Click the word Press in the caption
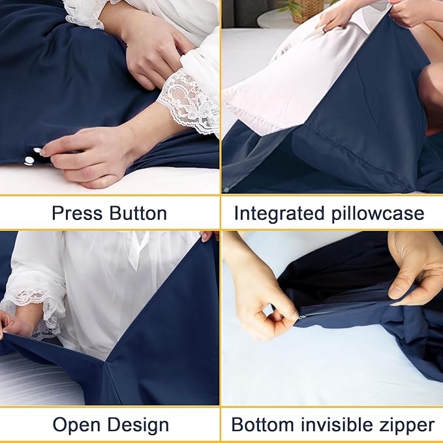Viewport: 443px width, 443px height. [77, 213]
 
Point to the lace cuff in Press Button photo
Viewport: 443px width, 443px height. [189, 104]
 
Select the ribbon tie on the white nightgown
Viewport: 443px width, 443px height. [137, 251]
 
